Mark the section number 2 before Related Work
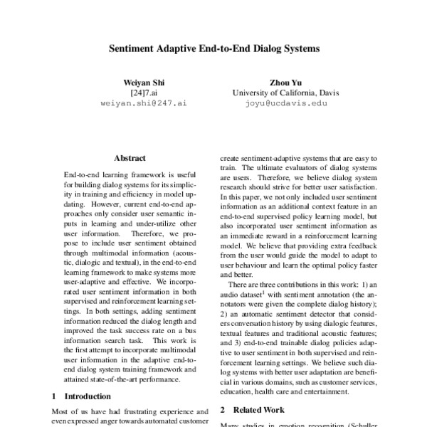223,410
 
